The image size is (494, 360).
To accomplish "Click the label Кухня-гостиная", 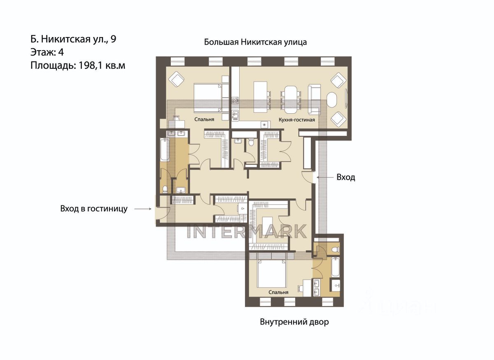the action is coord(297,120).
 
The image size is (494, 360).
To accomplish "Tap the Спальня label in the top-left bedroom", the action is coord(204,119).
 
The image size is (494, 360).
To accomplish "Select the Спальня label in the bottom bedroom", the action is coord(278,292).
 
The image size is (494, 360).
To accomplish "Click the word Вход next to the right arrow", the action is coord(345,177).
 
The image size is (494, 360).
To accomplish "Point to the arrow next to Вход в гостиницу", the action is coord(143,209).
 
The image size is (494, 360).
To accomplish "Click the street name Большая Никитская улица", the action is coord(255,42).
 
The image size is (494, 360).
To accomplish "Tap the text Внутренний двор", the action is coord(294,322).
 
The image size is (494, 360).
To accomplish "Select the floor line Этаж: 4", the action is coord(47,52).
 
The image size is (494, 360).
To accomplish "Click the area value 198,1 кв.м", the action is coord(102,65).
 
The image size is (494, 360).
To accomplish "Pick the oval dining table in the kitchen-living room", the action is coord(291,99).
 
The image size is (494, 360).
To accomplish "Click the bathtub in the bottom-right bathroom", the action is coord(336,267).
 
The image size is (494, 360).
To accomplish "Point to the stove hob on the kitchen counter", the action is coord(235,101).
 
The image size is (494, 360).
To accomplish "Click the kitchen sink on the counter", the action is coord(235,115).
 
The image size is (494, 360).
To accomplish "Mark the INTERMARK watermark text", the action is coord(247,231).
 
